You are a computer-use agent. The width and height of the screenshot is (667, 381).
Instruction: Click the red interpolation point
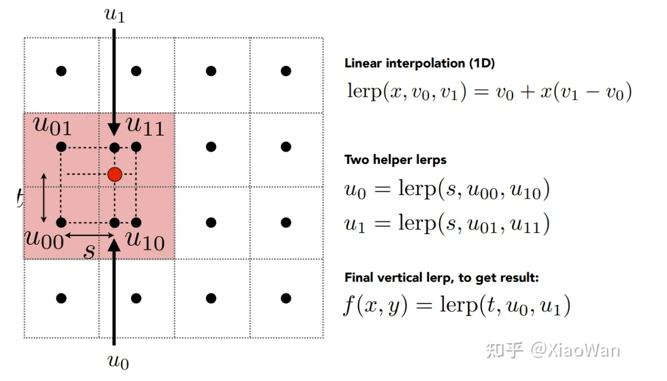pyautogui.click(x=115, y=174)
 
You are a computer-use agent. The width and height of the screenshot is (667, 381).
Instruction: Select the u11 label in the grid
pyautogui.click(x=145, y=126)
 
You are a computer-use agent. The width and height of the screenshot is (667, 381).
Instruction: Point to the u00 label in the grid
pyautogui.click(x=46, y=239)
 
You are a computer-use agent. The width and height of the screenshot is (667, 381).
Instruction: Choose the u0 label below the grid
pyautogui.click(x=118, y=362)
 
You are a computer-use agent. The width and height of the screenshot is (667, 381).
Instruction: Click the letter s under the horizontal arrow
pyautogui.click(x=90, y=251)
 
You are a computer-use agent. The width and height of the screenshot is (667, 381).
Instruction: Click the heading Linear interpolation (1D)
pyautogui.click(x=420, y=63)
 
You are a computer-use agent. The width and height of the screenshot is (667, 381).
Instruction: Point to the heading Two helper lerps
pyautogui.click(x=395, y=160)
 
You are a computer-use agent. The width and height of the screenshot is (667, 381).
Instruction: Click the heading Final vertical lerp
pyautogui.click(x=442, y=278)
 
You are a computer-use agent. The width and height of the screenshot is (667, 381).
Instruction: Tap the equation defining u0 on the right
pyautogui.click(x=447, y=190)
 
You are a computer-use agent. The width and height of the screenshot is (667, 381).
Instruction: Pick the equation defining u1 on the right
pyautogui.click(x=447, y=224)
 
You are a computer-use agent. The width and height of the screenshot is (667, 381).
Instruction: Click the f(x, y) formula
pyautogui.click(x=456, y=306)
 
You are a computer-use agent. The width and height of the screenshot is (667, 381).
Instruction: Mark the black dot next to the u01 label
pyautogui.click(x=61, y=147)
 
